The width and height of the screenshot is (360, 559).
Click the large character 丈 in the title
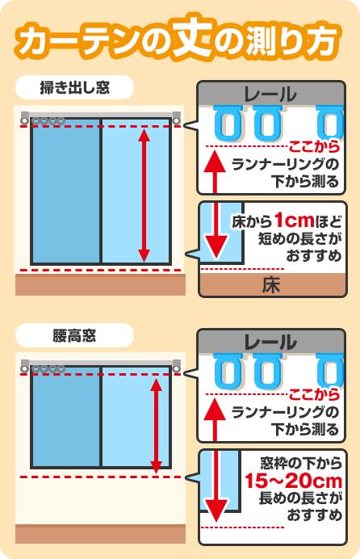(193, 36)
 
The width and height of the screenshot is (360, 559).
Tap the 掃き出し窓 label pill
(75, 87)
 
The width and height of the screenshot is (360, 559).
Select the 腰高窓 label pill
(75, 335)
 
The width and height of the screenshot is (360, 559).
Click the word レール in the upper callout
(270, 95)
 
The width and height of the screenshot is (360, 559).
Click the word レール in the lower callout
(270, 343)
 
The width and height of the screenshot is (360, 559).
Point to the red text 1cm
(295, 221)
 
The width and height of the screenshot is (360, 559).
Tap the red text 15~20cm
(294, 481)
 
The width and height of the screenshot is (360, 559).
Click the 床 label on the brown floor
(271, 285)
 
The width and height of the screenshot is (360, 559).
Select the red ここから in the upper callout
(315, 146)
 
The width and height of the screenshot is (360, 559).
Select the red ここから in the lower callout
(315, 394)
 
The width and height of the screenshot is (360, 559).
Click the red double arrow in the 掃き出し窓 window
(144, 195)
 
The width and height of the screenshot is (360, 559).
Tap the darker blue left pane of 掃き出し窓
(65, 191)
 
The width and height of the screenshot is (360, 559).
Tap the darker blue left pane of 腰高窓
(65, 416)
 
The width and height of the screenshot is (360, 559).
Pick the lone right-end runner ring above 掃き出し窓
(176, 121)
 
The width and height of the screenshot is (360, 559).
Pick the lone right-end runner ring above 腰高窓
(176, 369)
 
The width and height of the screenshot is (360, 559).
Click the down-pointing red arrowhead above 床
(215, 246)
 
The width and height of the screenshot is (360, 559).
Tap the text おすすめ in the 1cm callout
(314, 256)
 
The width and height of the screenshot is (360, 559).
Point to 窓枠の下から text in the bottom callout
(301, 464)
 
